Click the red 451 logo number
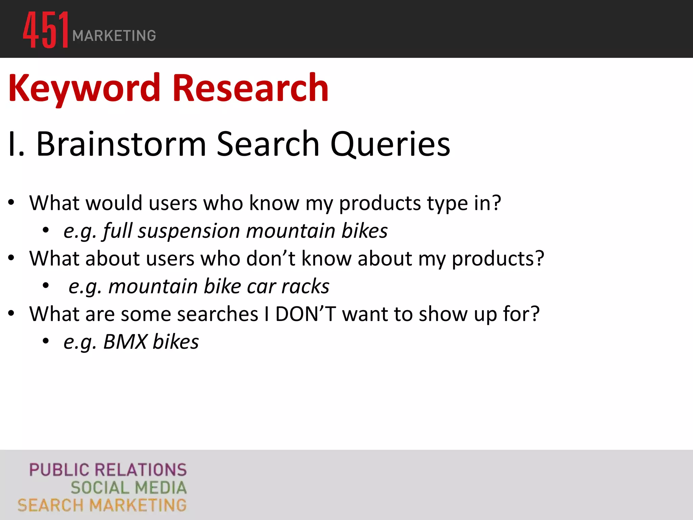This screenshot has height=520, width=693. [x=45, y=30]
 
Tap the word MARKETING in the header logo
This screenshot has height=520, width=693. [x=114, y=36]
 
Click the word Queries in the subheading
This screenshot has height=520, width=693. [x=390, y=145]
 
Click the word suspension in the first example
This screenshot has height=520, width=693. [x=189, y=231]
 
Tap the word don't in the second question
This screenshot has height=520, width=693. [x=271, y=259]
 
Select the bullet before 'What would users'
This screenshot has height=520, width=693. [x=12, y=203]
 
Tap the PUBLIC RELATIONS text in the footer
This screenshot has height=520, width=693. [x=108, y=470]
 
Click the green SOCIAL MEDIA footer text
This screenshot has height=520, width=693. [x=129, y=488]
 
